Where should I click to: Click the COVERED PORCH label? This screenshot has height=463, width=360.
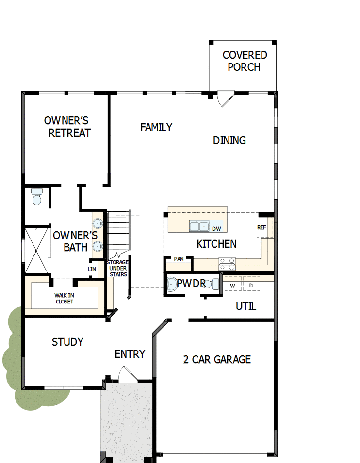245,61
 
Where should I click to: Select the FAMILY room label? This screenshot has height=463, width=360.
156,127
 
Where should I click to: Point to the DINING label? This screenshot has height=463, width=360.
229,140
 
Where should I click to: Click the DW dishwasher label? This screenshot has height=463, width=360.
216,228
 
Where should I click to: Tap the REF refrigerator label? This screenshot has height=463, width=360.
262,227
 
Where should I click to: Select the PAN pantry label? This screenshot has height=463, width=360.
179,259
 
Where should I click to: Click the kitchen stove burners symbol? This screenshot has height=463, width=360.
227,264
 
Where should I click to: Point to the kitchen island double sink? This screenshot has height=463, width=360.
199,226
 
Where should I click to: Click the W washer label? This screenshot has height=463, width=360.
232,286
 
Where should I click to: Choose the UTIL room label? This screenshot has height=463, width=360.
245,306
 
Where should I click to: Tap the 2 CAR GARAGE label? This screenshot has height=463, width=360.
217,359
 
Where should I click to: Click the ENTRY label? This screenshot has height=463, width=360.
130,354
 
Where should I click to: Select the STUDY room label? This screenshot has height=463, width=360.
67,342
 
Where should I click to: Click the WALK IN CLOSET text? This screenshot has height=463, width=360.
64,298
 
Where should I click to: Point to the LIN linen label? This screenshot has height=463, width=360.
92,269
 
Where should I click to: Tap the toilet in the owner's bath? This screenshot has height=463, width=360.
37,196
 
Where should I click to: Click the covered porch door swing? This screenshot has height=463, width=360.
225,99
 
